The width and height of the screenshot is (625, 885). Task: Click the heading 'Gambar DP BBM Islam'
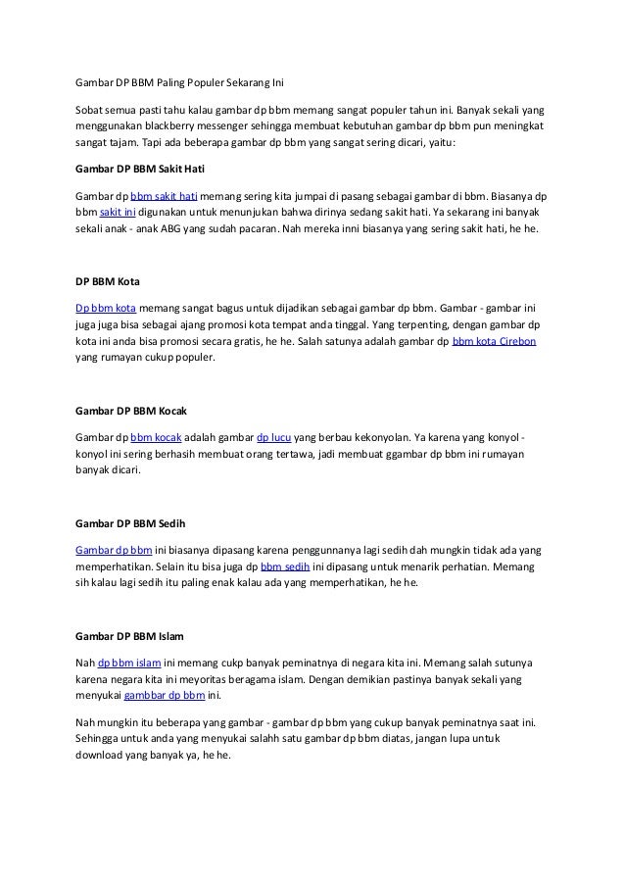tap(122, 635)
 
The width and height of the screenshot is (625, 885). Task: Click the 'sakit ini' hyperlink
tap(118, 212)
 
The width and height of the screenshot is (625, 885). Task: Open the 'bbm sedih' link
tap(285, 565)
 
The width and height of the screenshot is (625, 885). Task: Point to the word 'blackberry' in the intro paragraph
tap(173, 126)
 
